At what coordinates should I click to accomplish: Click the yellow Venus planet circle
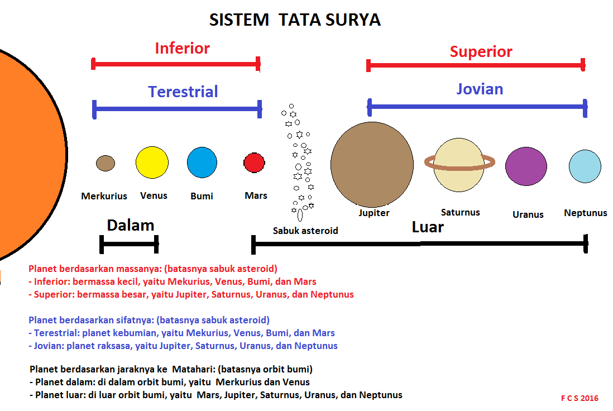(152, 163)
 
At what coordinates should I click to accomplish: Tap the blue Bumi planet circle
(202, 163)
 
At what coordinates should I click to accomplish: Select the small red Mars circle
(254, 163)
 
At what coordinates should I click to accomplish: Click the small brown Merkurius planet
(106, 163)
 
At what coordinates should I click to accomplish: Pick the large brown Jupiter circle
(372, 164)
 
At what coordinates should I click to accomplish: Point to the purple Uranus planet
(526, 166)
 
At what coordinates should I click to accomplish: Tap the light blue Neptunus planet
(585, 166)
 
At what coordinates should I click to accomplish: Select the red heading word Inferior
(182, 48)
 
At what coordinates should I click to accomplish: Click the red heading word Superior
(481, 52)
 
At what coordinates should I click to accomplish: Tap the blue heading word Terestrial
(183, 92)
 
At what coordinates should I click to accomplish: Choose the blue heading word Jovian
(480, 89)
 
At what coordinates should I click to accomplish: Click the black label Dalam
(131, 225)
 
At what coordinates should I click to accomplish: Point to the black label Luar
(428, 227)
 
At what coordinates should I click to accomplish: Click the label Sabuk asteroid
(305, 230)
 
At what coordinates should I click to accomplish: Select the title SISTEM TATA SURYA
(295, 20)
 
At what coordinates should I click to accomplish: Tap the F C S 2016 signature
(580, 398)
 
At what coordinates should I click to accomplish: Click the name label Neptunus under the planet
(585, 213)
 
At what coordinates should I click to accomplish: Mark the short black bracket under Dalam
(129, 244)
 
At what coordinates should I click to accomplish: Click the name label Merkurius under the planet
(104, 196)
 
